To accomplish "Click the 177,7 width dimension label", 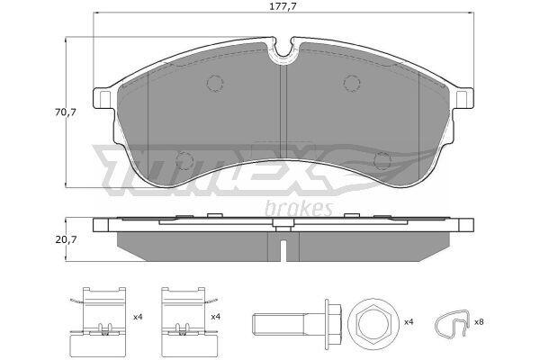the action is (x=283, y=6).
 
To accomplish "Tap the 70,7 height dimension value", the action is (x=65, y=112).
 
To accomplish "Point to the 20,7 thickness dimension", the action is (x=66, y=239).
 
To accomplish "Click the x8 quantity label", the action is (x=479, y=322).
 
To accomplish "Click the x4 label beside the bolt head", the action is (x=409, y=322).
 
